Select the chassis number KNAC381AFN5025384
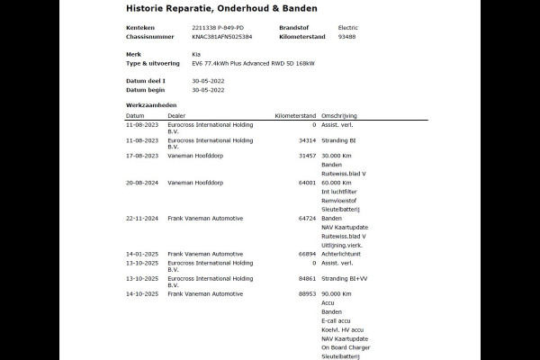coord(222,38)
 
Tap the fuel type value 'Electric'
coord(347,28)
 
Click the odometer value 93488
coord(346,38)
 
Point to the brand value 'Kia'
coord(197,54)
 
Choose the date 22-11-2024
coord(141,218)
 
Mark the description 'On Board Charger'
coord(345,346)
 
